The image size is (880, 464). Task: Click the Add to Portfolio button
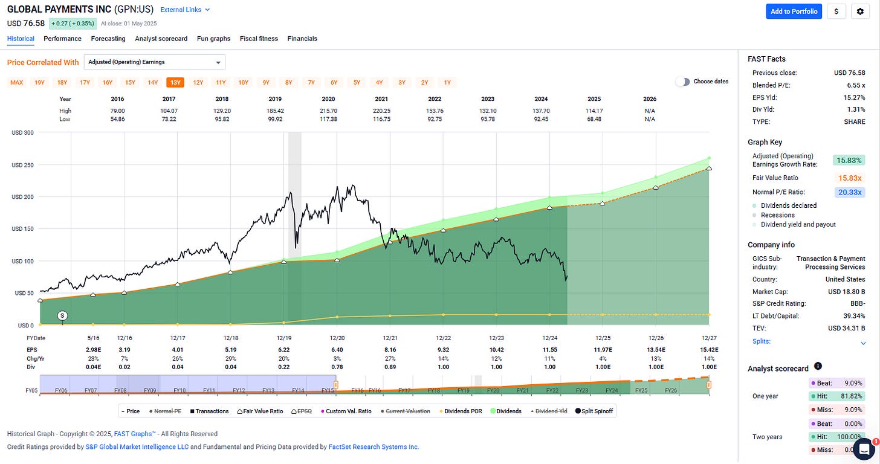794,11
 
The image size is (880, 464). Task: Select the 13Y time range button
175,82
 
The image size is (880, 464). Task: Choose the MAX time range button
17,82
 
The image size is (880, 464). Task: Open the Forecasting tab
108,39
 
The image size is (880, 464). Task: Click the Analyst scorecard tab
161,39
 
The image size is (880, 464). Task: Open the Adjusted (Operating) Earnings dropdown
154,62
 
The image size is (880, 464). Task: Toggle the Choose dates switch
682,82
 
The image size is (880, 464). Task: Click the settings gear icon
860,11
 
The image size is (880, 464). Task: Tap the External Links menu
185,10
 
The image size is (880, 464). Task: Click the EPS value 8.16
390,350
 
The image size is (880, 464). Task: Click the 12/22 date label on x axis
444,339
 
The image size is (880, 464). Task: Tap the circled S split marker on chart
62,315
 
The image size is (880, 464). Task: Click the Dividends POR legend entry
459,411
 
